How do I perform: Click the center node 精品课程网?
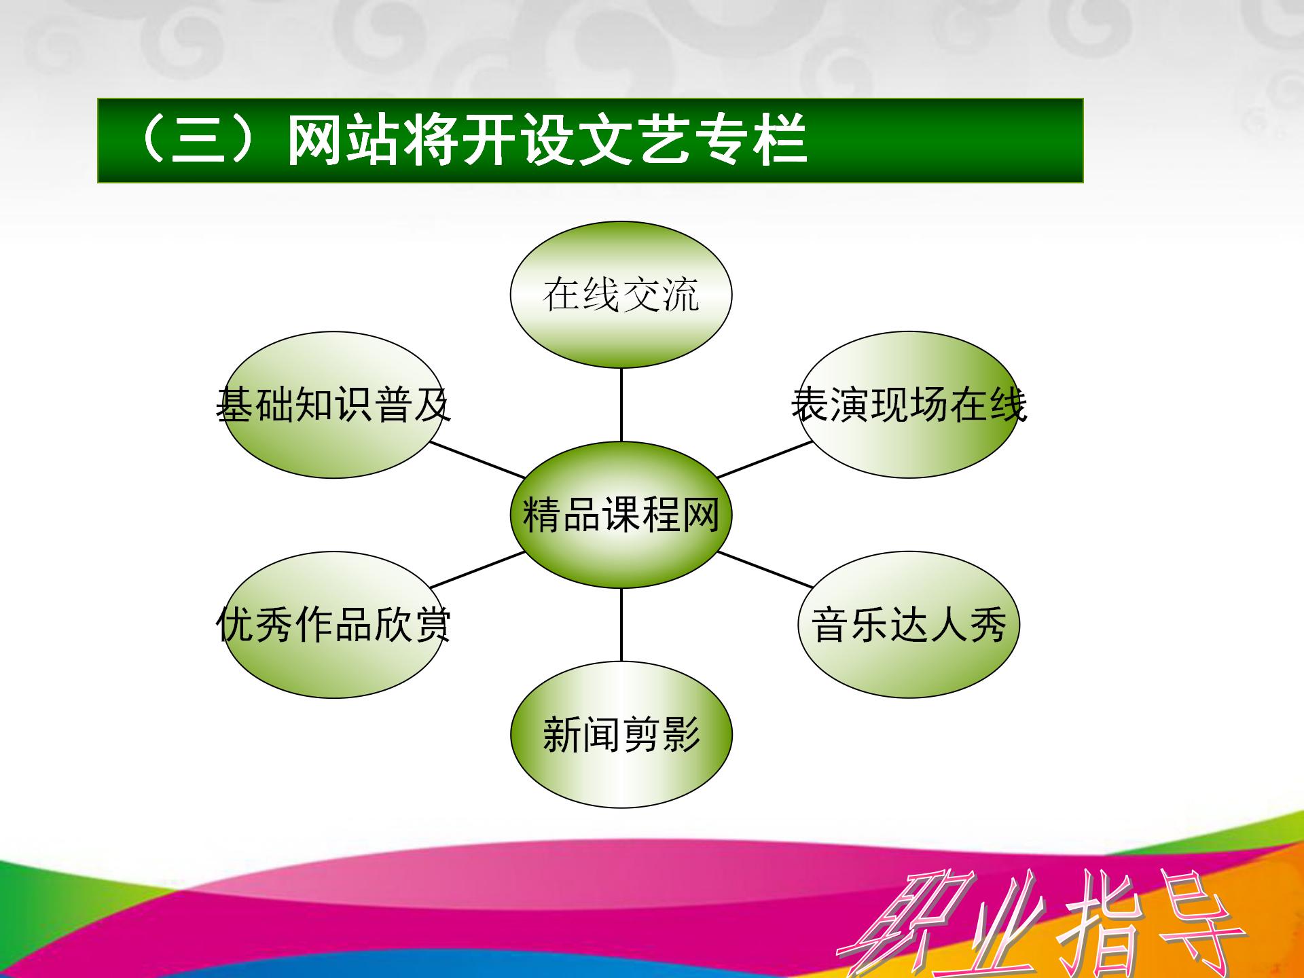(621, 515)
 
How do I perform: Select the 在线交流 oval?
(621, 295)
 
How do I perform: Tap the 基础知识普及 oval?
(333, 405)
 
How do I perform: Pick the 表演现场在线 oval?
(909, 405)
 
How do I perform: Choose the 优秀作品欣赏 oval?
(333, 625)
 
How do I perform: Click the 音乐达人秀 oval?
(909, 625)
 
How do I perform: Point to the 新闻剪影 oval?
(621, 735)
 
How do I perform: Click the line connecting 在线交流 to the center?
(621, 405)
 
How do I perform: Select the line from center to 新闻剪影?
(621, 625)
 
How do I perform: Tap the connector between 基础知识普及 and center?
(477, 460)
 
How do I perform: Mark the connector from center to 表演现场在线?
(765, 460)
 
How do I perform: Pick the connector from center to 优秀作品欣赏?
(477, 570)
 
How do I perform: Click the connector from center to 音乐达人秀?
(765, 570)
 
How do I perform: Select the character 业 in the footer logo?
(995, 924)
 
